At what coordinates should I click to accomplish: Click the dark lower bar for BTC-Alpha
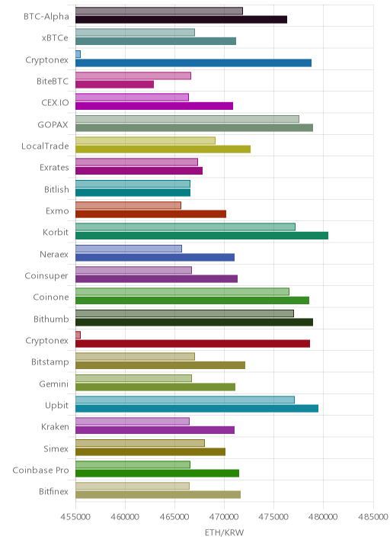click(x=181, y=20)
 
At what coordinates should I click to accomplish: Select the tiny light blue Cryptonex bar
click(x=78, y=54)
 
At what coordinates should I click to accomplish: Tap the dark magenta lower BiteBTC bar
click(x=114, y=85)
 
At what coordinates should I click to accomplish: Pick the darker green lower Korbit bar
click(x=202, y=236)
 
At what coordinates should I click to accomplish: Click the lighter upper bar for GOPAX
click(x=187, y=119)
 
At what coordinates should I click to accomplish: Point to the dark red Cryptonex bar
click(x=193, y=344)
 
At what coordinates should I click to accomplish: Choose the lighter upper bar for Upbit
click(x=185, y=400)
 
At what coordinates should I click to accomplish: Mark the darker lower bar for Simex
click(x=150, y=451)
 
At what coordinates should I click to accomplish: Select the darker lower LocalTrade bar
click(x=163, y=149)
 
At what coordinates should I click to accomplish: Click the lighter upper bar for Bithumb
click(x=185, y=313)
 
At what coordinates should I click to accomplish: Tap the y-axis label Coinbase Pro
click(x=40, y=470)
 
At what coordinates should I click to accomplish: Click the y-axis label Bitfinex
click(x=53, y=491)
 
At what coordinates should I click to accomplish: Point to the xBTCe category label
click(x=55, y=38)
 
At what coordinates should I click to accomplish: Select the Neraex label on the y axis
click(x=54, y=254)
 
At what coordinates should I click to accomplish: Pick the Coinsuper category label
click(x=46, y=276)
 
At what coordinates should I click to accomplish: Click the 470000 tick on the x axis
click(x=224, y=516)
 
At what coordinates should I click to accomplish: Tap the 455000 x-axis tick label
click(x=75, y=516)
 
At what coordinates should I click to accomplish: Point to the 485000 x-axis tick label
click(x=373, y=516)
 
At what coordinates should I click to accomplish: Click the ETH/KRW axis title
click(x=225, y=533)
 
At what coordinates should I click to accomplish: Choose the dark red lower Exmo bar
click(x=151, y=214)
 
